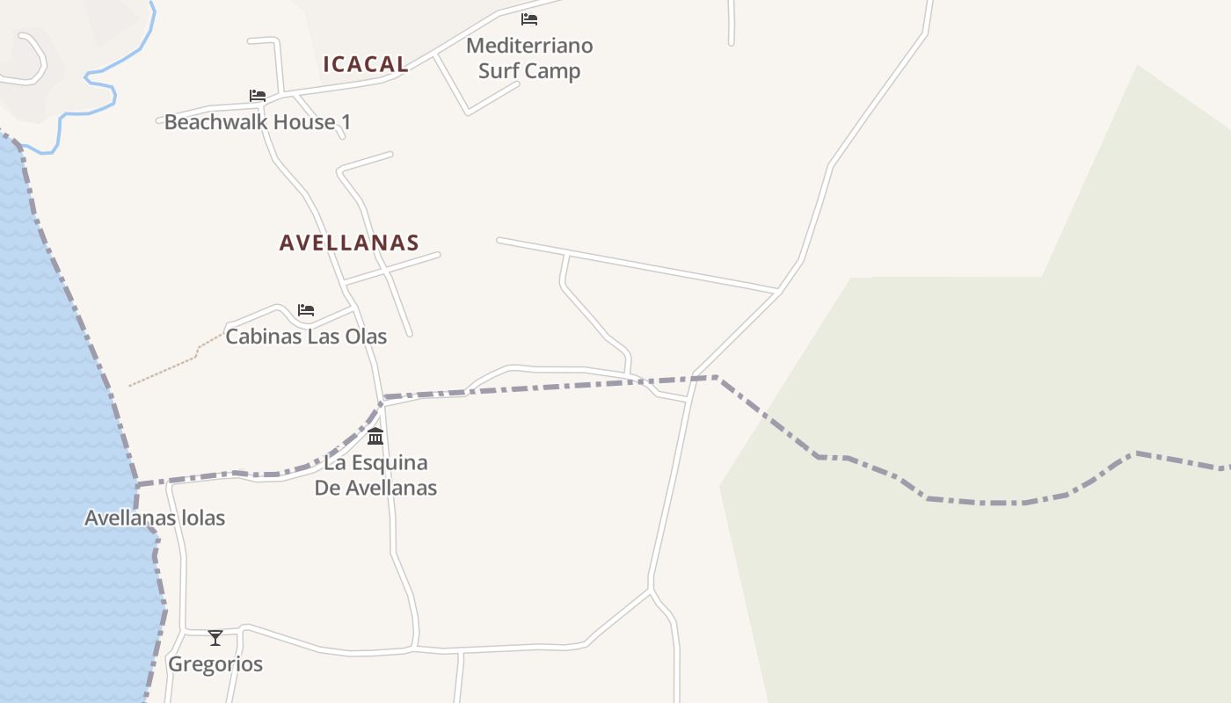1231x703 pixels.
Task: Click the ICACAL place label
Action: [x=366, y=64]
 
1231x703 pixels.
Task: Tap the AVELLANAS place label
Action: [x=349, y=243]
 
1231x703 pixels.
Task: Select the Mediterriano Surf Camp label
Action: [x=529, y=58]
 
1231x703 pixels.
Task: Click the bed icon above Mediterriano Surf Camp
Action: [x=529, y=18]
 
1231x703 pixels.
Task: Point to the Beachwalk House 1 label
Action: [x=257, y=122]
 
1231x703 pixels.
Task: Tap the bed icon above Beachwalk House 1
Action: [x=258, y=95]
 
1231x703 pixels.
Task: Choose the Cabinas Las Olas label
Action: [x=306, y=336]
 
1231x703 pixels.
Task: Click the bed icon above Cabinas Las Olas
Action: [x=306, y=309]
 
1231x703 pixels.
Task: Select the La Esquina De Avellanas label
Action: [x=375, y=475]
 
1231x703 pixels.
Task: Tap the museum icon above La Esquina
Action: [x=375, y=436]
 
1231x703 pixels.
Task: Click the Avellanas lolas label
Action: [x=155, y=518]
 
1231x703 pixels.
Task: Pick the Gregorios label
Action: [x=215, y=664]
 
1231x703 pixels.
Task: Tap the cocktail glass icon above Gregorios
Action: [x=215, y=637]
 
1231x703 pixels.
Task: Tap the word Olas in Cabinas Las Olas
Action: [x=365, y=336]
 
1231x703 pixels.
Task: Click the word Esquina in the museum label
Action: [x=388, y=462]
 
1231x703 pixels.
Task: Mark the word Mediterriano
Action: [x=529, y=46]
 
